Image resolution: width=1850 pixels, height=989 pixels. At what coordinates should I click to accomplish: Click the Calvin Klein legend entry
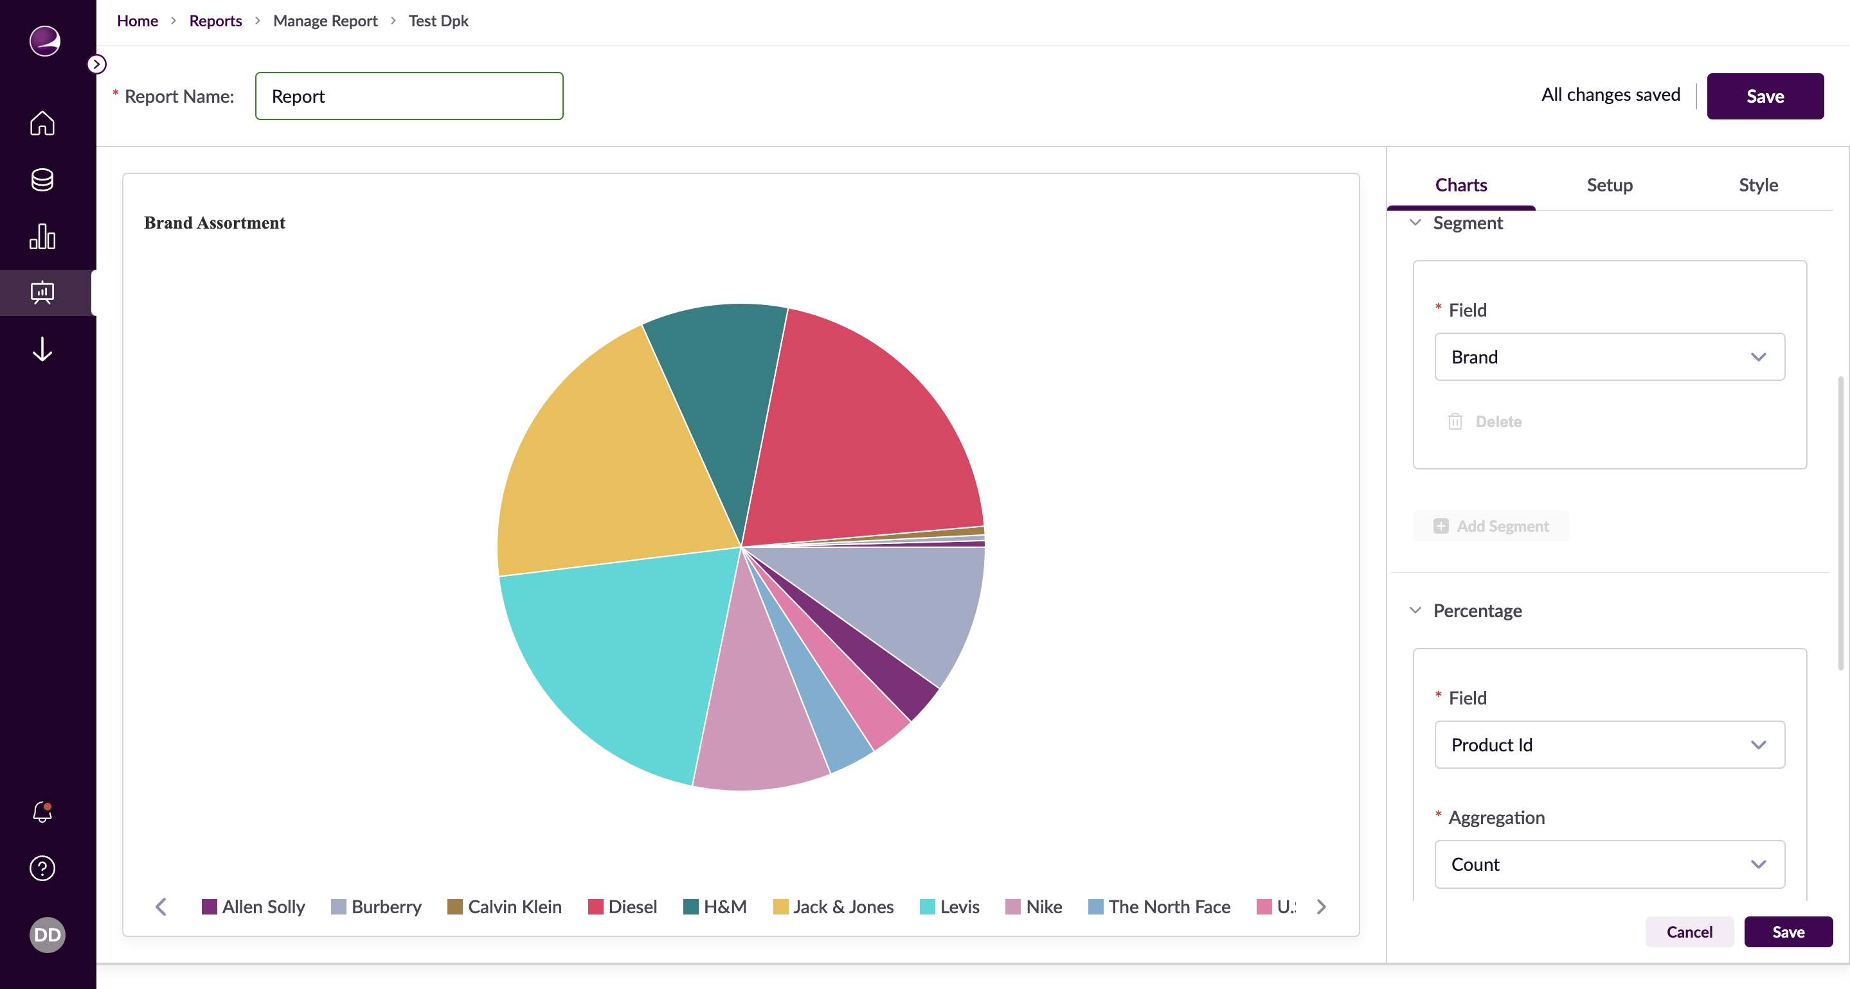504,906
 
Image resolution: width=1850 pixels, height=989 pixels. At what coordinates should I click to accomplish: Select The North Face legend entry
1159,906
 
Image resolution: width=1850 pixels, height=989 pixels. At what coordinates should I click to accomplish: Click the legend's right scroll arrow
1322,906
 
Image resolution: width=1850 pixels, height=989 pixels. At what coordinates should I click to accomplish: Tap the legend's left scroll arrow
161,906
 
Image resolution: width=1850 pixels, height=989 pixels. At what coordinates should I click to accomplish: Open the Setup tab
1610,185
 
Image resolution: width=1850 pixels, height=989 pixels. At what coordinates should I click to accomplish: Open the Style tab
1757,185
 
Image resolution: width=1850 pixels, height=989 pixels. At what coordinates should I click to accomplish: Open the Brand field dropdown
1609,356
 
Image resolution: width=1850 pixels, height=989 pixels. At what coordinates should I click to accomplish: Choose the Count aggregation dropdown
1609,864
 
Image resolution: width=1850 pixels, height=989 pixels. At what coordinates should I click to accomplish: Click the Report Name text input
409,96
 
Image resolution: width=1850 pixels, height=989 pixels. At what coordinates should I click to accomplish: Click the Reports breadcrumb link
215,21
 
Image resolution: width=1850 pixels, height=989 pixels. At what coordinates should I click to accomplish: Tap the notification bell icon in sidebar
42,811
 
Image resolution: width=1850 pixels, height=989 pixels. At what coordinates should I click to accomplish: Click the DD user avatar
48,934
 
